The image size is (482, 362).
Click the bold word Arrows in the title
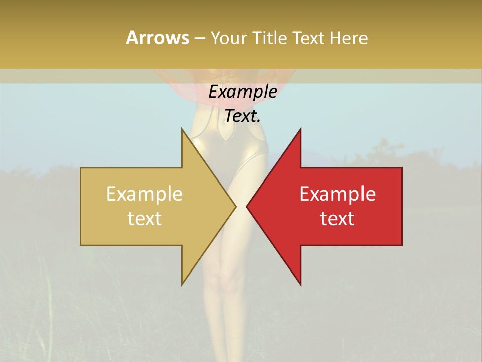tap(157, 38)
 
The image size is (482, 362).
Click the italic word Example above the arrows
tap(243, 92)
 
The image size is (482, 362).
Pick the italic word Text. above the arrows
tap(243, 116)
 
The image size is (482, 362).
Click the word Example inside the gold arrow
tap(145, 194)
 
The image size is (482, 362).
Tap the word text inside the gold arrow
tap(145, 218)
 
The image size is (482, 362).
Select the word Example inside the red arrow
tap(337, 194)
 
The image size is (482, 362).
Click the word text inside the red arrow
tap(337, 218)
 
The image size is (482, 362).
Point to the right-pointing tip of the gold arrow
tap(235, 206)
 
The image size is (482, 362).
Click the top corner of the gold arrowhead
tap(182, 129)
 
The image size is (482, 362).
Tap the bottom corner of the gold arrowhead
tap(182, 284)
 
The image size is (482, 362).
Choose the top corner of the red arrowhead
tap(300, 129)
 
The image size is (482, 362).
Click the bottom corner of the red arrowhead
tap(300, 284)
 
